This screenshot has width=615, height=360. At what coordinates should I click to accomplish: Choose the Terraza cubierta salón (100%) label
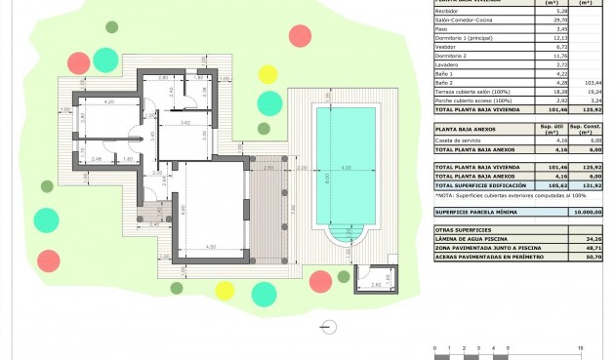pyautogui.click(x=471, y=92)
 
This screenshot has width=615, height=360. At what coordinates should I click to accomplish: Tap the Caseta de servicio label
pyautogui.click(x=457, y=140)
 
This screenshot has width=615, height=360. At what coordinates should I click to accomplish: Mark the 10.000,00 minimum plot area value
pyautogui.click(x=583, y=211)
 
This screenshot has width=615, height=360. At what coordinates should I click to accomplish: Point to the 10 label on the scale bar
pyautogui.click(x=582, y=347)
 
